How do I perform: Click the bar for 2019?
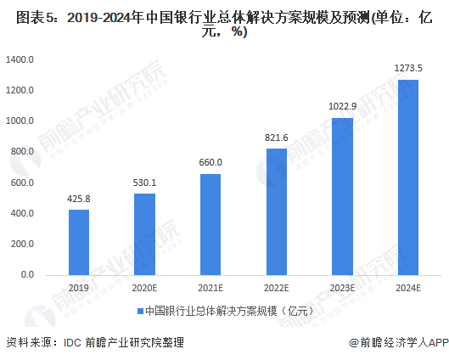coord(79,242)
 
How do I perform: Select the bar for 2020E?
coord(144,234)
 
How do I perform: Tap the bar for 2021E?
coord(210,224)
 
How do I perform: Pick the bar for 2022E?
coord(277,211)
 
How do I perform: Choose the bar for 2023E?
coord(342,196)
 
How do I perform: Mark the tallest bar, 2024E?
coord(408,177)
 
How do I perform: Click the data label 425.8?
coord(79,200)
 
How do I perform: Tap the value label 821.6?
coord(277,138)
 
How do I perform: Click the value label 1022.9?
coord(342,107)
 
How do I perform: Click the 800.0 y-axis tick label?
coord(21,152)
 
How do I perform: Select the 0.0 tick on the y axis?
coord(27,275)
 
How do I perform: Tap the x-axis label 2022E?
coord(277,288)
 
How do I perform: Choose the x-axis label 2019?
coord(79,288)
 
